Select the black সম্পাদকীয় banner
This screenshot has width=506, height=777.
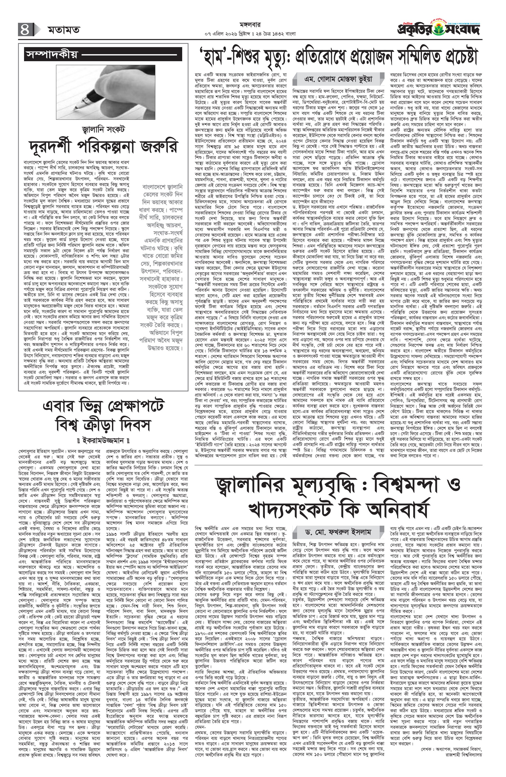click(103, 54)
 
